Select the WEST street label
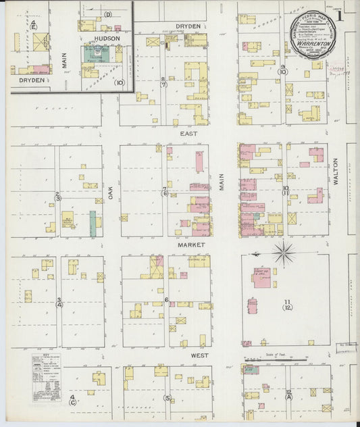pos(199,355)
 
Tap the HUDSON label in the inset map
pos(107,39)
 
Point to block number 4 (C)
pos(72,400)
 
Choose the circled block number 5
pos(167,398)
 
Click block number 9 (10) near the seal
pos(283,70)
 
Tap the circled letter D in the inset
pos(107,14)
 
